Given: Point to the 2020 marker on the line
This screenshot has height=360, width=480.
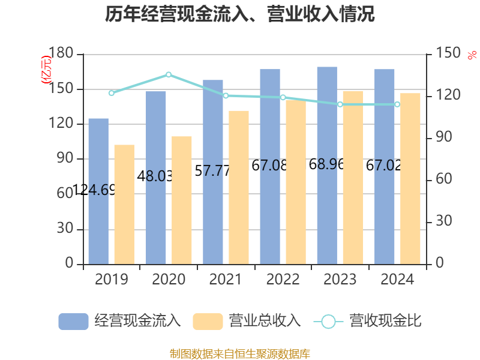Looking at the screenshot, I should [x=169, y=74].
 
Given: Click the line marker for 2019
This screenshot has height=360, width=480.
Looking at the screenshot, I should [x=112, y=92].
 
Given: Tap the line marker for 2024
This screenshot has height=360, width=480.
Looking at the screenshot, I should [x=397, y=104].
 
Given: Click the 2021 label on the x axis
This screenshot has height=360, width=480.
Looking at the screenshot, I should [x=226, y=280].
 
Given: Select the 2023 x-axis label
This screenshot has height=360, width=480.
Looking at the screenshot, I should [x=340, y=280].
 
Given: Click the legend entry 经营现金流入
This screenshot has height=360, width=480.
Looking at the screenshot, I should [x=119, y=321].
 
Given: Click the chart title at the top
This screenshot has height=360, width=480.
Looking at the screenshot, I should [x=240, y=14].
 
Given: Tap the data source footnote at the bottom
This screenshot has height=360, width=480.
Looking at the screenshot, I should [x=240, y=353].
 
